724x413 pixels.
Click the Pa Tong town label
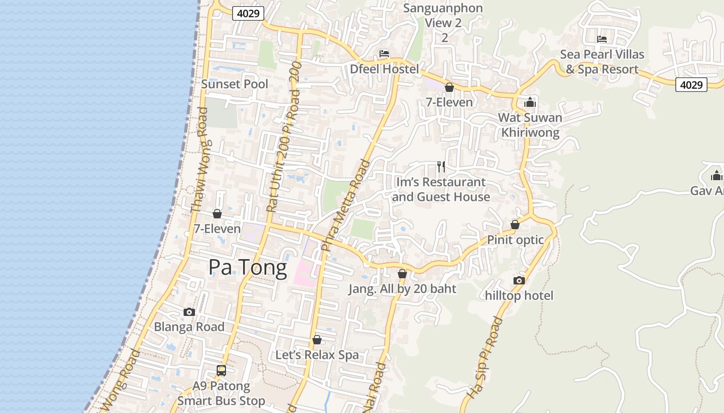coord(247,268)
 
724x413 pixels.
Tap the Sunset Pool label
coord(234,84)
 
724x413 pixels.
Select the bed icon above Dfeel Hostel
coord(384,54)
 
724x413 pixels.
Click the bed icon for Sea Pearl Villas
coord(601,39)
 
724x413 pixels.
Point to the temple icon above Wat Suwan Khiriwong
coord(530,102)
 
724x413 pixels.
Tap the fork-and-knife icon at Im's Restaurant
coord(441,167)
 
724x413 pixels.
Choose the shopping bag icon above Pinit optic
coord(515,225)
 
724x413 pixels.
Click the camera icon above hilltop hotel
coord(519,280)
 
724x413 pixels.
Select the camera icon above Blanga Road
coord(189,312)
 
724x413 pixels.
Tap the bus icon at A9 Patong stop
coord(221,370)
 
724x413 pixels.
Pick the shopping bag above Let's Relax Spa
coord(317,340)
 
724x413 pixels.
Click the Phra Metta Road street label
coord(345,205)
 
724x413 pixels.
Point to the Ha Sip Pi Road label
coord(484,358)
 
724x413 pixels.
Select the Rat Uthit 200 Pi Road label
coord(283,150)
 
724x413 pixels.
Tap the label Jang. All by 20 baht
coord(402,289)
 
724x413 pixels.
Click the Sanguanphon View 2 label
coord(443,23)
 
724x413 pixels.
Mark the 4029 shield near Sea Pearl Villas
coord(691,85)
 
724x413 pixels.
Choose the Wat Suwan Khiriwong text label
coord(530,125)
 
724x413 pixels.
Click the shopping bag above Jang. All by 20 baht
coord(402,274)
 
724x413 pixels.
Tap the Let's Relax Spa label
coord(316,355)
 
